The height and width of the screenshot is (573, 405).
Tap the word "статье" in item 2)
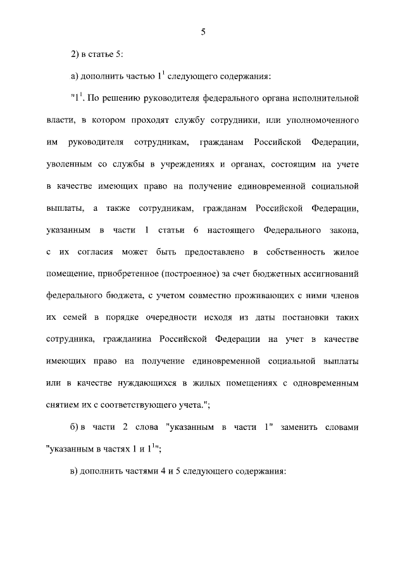point(100,55)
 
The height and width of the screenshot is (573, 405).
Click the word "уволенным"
point(70,163)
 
